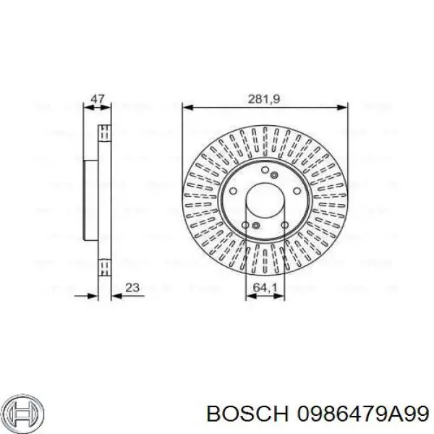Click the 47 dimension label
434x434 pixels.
click(x=98, y=99)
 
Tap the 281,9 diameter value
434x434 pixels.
click(x=264, y=99)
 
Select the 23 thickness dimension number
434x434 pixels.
click(x=132, y=288)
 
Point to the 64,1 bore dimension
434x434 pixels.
click(x=265, y=288)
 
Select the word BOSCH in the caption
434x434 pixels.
click(x=247, y=414)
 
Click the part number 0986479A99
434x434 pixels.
click(x=362, y=414)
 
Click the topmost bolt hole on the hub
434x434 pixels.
click(x=265, y=170)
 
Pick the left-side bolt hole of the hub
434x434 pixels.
click(x=233, y=191)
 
